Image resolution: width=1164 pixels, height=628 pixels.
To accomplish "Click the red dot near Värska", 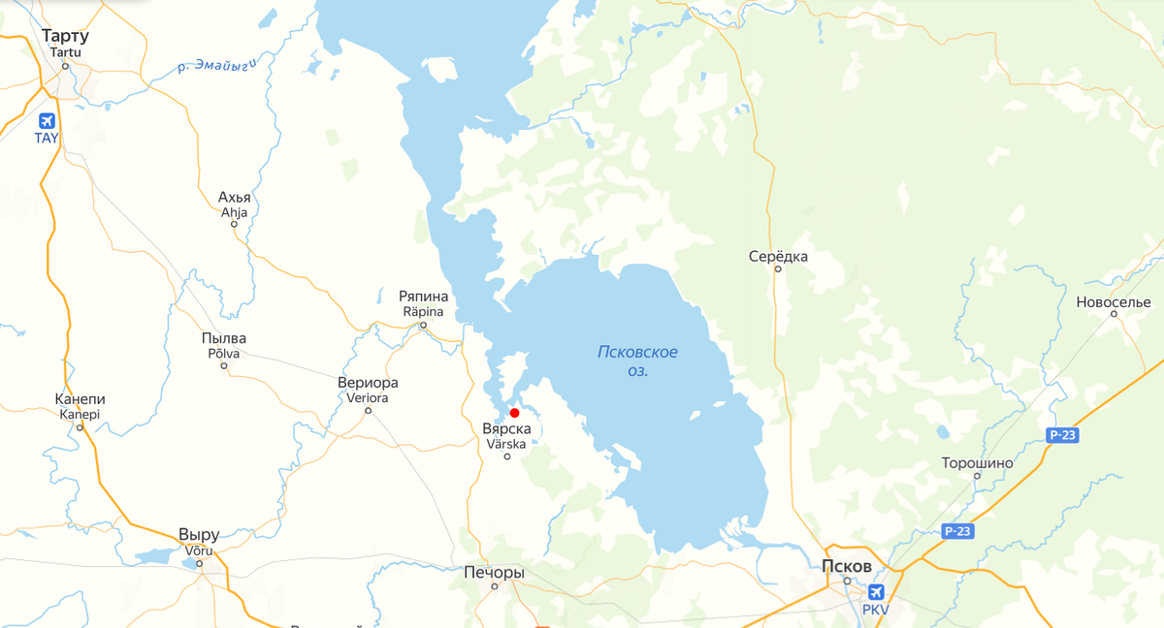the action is pyautogui.click(x=514, y=413).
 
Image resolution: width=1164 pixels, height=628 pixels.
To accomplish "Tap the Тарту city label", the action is pyautogui.click(x=66, y=37).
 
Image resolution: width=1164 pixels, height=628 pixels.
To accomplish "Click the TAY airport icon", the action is pyautogui.click(x=46, y=121).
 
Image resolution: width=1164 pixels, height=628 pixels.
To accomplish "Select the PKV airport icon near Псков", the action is pyautogui.click(x=876, y=592).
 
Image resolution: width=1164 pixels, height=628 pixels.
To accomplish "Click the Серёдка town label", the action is pyautogui.click(x=778, y=257).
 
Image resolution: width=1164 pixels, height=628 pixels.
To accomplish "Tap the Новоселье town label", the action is pyautogui.click(x=1113, y=302).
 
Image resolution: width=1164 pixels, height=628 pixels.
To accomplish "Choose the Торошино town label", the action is pyautogui.click(x=977, y=463).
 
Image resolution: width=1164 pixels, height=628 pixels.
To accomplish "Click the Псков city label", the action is pyautogui.click(x=847, y=566).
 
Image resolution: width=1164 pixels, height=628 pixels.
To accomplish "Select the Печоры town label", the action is pyautogui.click(x=495, y=572).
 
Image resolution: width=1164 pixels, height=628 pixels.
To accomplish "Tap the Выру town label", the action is pyautogui.click(x=199, y=535).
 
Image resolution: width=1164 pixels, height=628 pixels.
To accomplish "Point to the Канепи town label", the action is pyautogui.click(x=81, y=399).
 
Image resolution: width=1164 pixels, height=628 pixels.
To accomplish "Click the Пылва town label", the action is pyautogui.click(x=223, y=338).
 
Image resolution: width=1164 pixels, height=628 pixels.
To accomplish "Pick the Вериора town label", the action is pyautogui.click(x=368, y=382).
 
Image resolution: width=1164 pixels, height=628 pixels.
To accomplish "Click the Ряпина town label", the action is pyautogui.click(x=423, y=296).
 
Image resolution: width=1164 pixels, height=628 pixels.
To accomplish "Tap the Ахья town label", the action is pyautogui.click(x=235, y=198).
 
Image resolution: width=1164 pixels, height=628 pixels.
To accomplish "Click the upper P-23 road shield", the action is pyautogui.click(x=1063, y=437).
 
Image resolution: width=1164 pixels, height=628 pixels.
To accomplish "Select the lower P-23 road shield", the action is pyautogui.click(x=957, y=531).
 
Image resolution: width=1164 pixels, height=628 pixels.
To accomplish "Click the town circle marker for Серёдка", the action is pyautogui.click(x=778, y=269).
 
